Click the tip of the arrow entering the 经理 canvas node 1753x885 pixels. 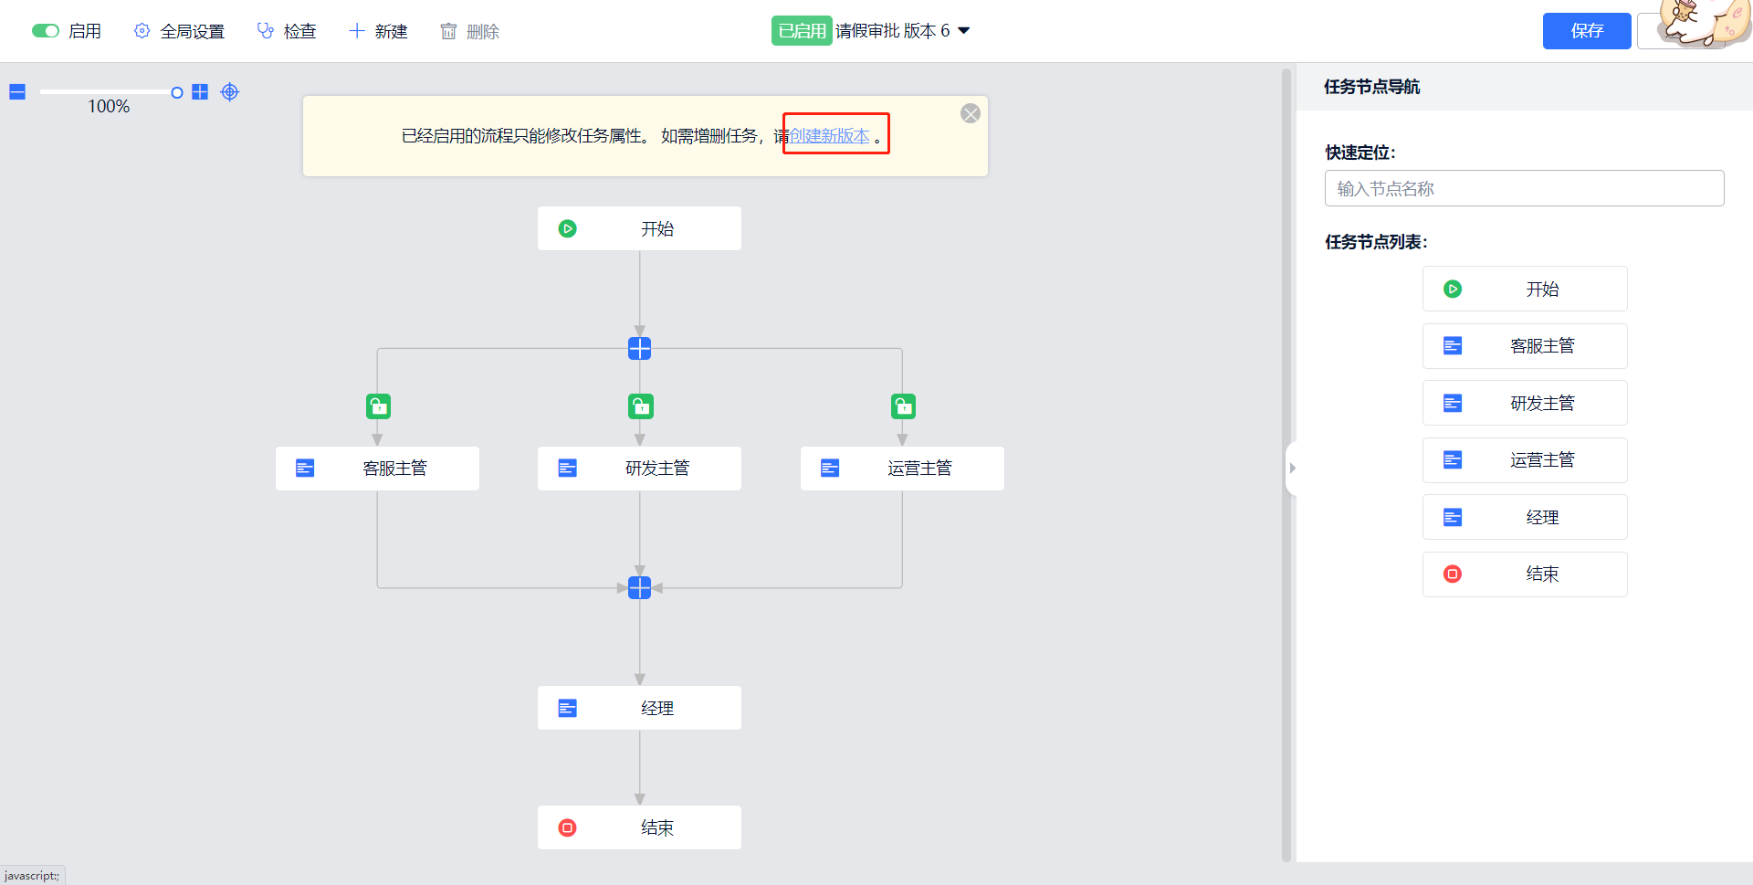[x=640, y=685]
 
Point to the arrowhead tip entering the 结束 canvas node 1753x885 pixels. [x=640, y=805]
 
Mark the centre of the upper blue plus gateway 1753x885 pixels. [x=640, y=348]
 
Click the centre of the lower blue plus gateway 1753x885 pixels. [x=640, y=587]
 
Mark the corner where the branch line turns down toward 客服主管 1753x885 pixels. [x=377, y=348]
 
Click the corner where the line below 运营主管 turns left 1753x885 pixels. [x=902, y=587]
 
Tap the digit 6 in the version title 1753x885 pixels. [x=945, y=31]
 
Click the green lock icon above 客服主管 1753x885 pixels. [x=378, y=406]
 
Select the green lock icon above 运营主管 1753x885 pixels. [x=903, y=406]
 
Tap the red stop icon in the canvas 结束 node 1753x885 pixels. [x=568, y=827]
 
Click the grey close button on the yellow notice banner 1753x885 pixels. [x=971, y=113]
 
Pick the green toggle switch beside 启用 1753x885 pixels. [x=46, y=31]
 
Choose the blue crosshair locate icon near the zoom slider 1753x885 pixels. [x=230, y=92]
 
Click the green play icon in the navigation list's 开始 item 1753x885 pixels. [x=1453, y=289]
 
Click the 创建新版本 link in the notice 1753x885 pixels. [x=830, y=136]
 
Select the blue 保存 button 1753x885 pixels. [x=1587, y=31]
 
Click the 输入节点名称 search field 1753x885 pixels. [x=1525, y=188]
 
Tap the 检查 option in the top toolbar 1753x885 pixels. [x=287, y=31]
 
